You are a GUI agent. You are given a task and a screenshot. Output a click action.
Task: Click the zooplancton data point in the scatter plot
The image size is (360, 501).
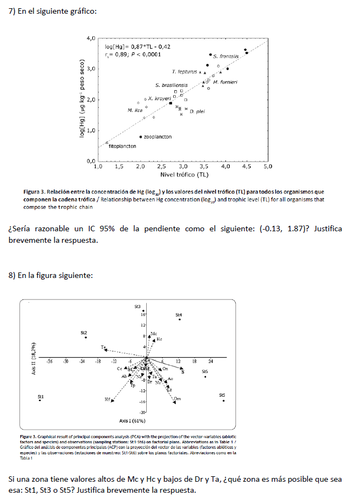point(141,137)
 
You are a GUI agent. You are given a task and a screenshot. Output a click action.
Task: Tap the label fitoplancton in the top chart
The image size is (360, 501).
point(122,147)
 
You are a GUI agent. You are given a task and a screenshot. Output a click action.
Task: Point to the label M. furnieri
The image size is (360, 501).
point(225,82)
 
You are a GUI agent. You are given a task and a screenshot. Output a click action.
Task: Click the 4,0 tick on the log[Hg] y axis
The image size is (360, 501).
point(91,38)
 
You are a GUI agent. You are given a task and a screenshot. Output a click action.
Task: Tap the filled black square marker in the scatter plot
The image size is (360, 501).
point(171,103)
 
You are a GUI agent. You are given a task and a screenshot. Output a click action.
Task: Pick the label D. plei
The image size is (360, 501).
point(197,112)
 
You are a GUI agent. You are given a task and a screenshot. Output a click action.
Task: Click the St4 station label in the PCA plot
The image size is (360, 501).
point(179,315)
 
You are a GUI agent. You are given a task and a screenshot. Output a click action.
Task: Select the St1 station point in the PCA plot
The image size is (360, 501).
point(40,401)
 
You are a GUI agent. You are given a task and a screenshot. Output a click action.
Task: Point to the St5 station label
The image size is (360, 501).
point(222,395)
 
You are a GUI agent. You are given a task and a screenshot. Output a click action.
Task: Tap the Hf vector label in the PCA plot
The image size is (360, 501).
point(107,399)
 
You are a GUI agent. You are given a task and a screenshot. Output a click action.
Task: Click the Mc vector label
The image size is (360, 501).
point(153,333)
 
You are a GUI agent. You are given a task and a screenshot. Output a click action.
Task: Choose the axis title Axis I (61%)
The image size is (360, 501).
point(132,420)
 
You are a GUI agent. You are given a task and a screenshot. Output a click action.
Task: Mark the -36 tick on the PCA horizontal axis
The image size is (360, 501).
point(49,361)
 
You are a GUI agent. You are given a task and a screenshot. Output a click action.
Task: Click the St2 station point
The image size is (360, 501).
point(86,337)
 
